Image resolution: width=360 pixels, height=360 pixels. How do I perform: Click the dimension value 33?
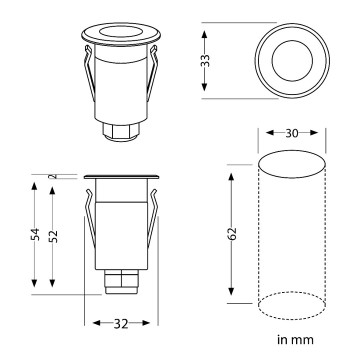(206, 60)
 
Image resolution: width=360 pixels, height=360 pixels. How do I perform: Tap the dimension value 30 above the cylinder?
(292, 133)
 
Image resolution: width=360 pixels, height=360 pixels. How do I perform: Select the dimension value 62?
(233, 233)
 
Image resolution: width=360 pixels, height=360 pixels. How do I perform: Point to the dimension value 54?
(36, 234)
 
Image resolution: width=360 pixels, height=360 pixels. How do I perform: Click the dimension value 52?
(54, 236)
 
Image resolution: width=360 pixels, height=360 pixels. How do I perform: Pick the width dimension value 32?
(121, 324)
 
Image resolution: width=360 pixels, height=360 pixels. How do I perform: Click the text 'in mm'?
(295, 340)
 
